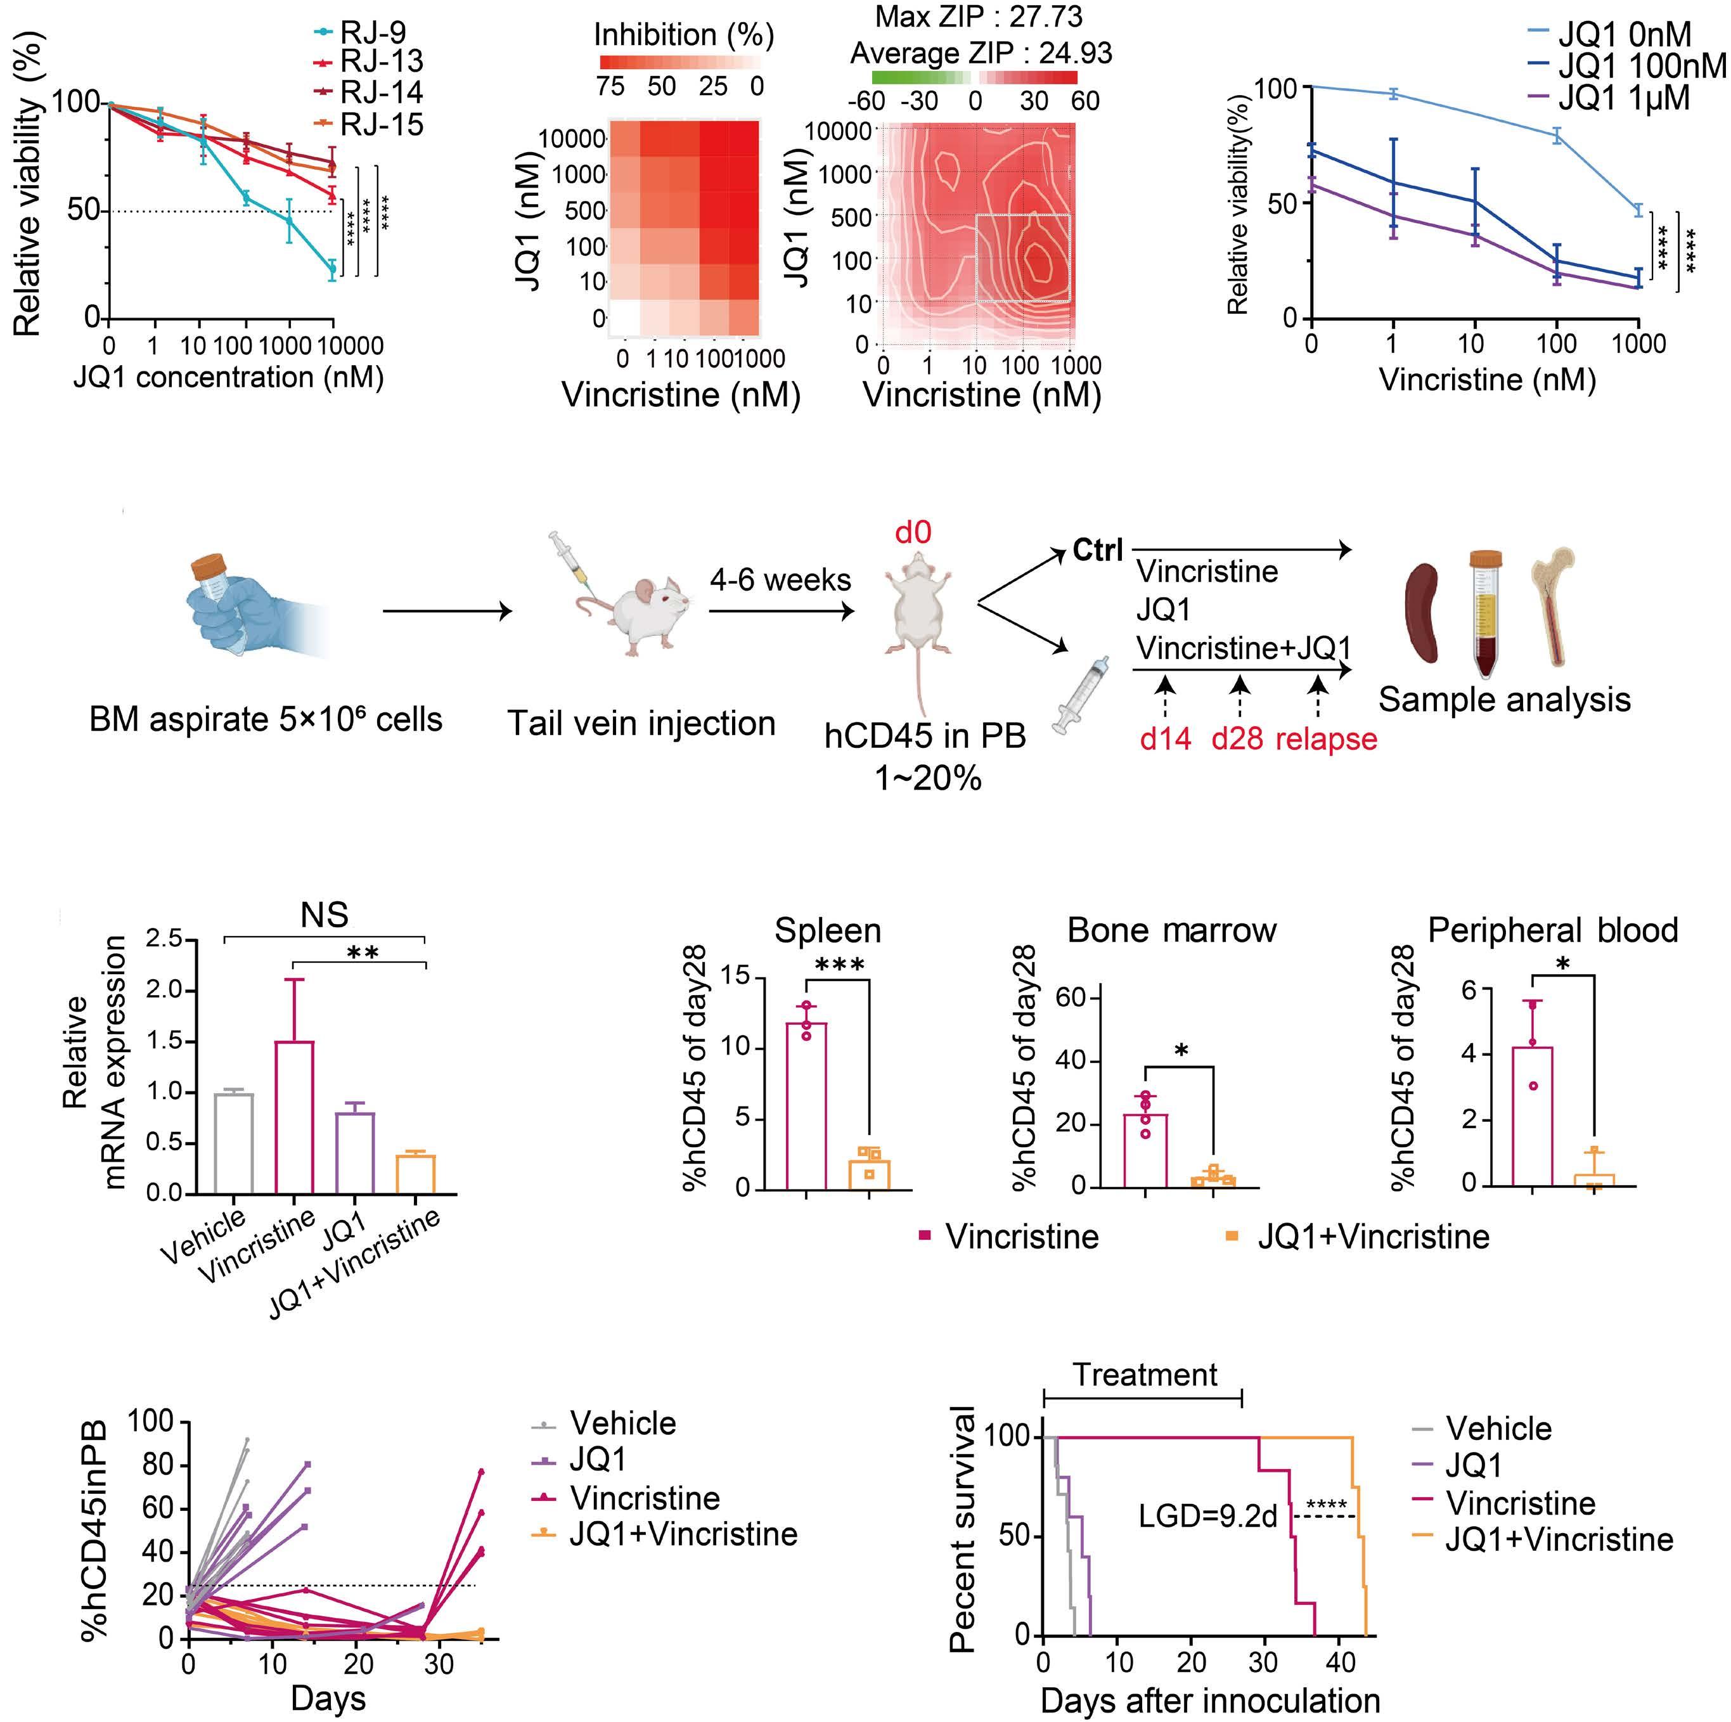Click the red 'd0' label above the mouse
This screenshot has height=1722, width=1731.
(x=912, y=533)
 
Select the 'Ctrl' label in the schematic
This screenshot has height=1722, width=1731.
(x=1098, y=551)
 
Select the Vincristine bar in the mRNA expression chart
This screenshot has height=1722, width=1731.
(x=294, y=1116)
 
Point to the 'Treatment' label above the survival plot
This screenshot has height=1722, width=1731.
(x=1145, y=1375)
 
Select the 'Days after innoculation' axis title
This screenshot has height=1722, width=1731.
(x=1209, y=1700)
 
